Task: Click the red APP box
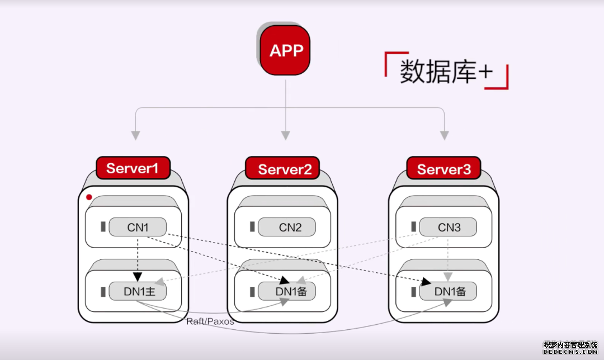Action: [286, 51]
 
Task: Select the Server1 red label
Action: [133, 168]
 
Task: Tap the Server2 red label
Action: [285, 169]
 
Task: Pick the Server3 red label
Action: [444, 169]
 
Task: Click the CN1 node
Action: [138, 227]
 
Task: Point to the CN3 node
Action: [449, 227]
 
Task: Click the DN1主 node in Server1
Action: [138, 291]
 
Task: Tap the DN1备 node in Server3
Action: [449, 291]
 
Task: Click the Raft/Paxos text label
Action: [210, 321]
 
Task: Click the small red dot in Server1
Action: [89, 197]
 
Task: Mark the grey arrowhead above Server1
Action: [135, 135]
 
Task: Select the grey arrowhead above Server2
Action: [286, 135]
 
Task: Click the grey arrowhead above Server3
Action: [445, 135]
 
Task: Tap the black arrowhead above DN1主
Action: [138, 276]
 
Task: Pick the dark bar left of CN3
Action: [413, 227]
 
